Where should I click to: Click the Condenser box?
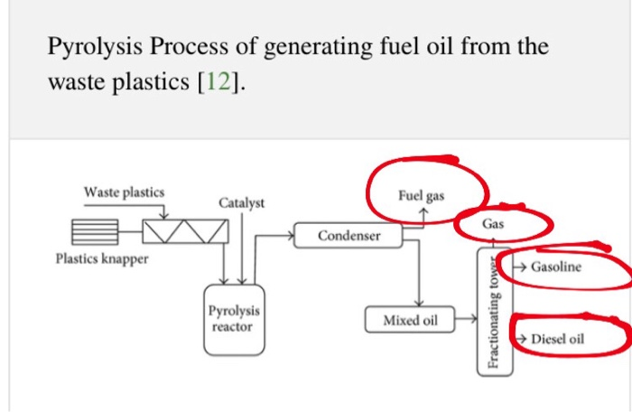click(x=349, y=236)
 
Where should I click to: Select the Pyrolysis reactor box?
click(x=231, y=319)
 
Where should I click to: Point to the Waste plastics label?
click(x=125, y=192)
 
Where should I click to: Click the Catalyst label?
click(x=242, y=202)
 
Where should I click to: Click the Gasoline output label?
click(x=556, y=267)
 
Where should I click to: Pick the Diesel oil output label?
click(x=558, y=339)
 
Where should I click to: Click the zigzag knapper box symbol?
click(x=185, y=233)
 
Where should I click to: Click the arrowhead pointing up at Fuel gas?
click(x=423, y=211)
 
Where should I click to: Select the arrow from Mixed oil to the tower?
click(x=466, y=318)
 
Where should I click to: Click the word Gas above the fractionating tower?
click(x=493, y=222)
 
